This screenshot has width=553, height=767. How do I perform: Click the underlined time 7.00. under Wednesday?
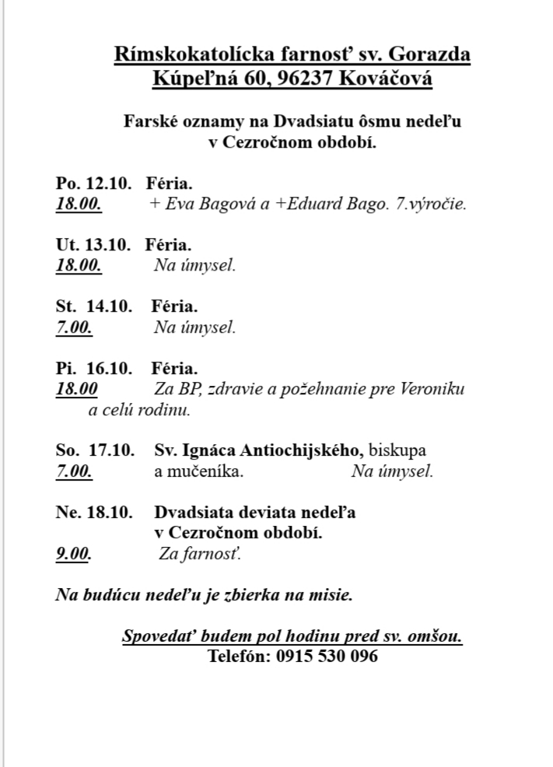point(74,327)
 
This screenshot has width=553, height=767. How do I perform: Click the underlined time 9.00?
point(73,555)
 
